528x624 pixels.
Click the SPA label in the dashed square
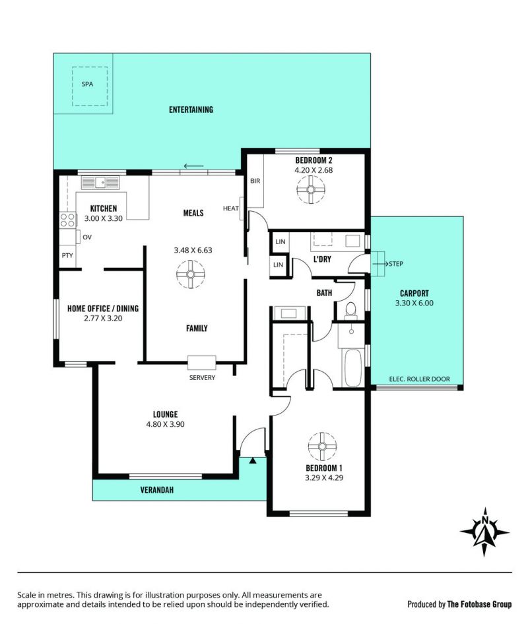(87, 84)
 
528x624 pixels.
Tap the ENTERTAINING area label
(191, 109)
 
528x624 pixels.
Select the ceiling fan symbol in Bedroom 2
(311, 189)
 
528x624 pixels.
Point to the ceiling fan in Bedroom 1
(322, 447)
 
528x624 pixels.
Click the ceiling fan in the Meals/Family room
(190, 274)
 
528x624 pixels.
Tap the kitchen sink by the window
(100, 183)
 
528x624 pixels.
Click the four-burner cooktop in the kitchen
(68, 220)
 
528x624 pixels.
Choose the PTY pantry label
(67, 255)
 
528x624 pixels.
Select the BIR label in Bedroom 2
(255, 181)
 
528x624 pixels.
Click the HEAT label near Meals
(230, 208)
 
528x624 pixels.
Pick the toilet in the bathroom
(351, 311)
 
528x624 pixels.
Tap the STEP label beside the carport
(396, 263)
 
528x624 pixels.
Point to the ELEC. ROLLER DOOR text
(419, 379)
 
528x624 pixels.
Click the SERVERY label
(202, 377)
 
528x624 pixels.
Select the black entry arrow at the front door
(253, 460)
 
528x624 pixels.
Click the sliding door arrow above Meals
(193, 166)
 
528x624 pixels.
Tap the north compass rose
(484, 532)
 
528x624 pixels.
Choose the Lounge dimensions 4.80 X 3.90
(165, 424)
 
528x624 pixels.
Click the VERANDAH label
(157, 489)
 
